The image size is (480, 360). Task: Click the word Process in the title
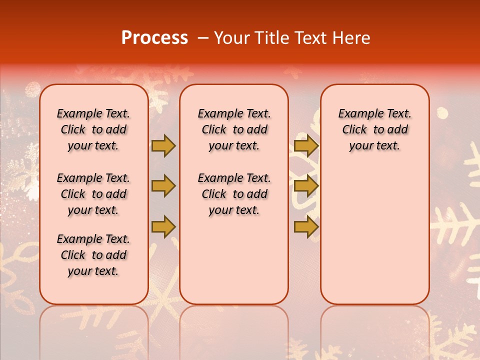[154, 38]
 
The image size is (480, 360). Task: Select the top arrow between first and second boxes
[163, 146]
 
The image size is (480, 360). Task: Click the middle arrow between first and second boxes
[163, 186]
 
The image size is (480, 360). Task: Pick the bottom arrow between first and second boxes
[163, 226]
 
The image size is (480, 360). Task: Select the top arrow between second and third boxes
[306, 146]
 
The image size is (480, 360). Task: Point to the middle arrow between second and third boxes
[306, 186]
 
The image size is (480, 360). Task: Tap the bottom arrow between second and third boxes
[306, 226]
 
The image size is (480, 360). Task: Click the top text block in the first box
[93, 129]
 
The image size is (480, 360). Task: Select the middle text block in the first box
[93, 194]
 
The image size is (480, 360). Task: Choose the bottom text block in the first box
[93, 255]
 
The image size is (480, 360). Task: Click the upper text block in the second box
[234, 129]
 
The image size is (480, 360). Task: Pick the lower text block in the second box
[234, 194]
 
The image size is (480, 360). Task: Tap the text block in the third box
[375, 129]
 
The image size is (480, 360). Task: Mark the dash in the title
[203, 38]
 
